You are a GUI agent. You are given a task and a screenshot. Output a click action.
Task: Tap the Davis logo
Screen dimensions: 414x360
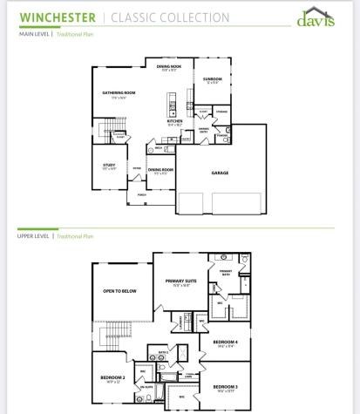coord(316,18)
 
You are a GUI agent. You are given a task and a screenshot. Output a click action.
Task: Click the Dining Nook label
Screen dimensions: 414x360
coord(167,66)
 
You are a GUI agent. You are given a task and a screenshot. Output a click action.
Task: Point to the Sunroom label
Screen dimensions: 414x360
coord(213,79)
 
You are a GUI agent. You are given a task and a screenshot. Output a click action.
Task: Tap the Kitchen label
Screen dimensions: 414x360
coord(174,121)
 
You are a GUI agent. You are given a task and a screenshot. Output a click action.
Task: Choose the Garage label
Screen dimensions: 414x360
coord(220,173)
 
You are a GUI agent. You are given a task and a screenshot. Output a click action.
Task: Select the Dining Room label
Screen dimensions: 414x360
coord(160,170)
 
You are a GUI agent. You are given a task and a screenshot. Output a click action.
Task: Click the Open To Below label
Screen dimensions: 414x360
coord(121,290)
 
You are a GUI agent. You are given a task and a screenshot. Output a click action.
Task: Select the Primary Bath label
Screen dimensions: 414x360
coord(226,272)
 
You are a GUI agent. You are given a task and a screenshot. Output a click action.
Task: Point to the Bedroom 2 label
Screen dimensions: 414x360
coord(113,377)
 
